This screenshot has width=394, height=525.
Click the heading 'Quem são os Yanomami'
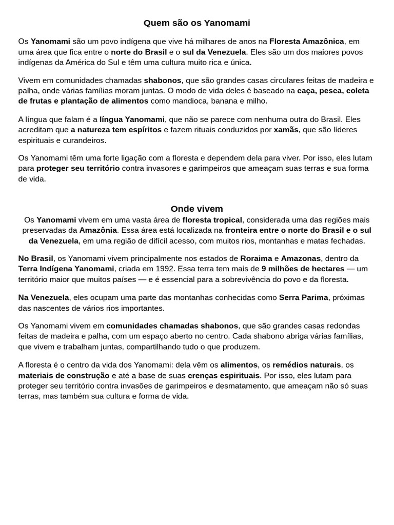[196, 23]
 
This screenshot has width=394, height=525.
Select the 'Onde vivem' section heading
[196, 209]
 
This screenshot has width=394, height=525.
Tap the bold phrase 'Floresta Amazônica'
[306, 42]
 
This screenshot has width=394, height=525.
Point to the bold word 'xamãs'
[286, 130]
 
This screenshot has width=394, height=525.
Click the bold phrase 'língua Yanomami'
[132, 119]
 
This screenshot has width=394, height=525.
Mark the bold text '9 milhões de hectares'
[303, 269]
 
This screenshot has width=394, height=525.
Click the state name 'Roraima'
[256, 258]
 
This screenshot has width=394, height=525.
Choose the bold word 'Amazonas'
[301, 258]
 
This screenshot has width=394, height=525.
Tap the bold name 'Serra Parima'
[303, 297]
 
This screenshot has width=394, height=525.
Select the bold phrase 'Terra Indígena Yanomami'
[66, 269]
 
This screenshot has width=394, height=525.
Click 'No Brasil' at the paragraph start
[35, 258]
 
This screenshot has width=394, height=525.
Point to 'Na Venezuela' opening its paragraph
[44, 297]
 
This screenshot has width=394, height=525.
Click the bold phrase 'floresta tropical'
[212, 220]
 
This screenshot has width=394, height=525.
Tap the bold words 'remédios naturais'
[306, 365]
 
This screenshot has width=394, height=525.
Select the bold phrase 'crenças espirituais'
[220, 375]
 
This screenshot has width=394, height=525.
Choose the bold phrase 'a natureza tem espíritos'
[116, 130]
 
